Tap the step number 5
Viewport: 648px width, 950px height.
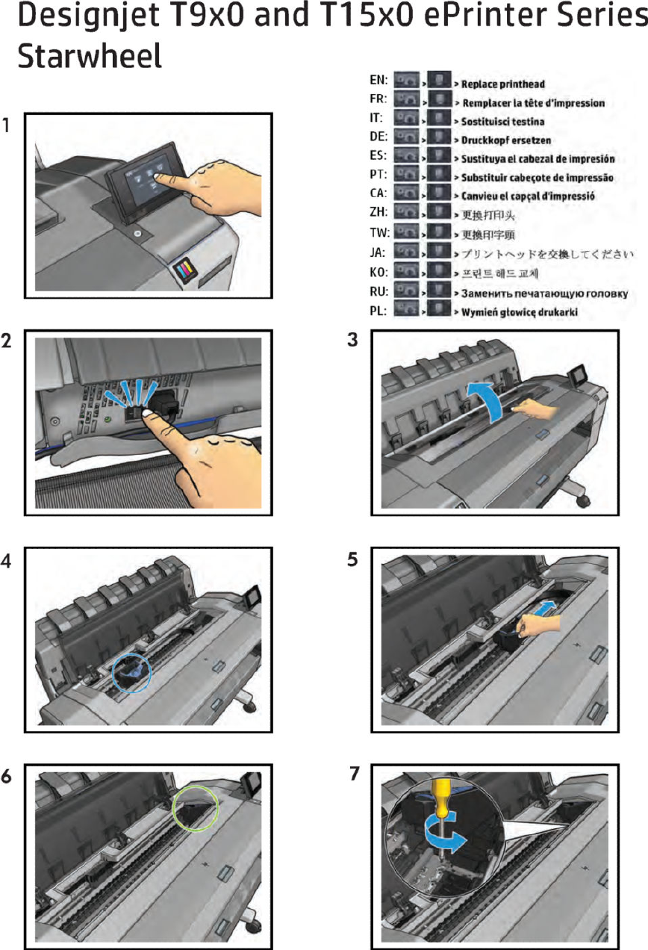[353, 560]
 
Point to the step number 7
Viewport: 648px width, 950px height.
[354, 774]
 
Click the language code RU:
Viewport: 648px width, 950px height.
[378, 292]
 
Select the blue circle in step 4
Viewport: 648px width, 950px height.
[131, 674]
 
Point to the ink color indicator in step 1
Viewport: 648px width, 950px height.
[184, 271]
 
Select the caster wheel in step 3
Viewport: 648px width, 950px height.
[582, 499]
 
